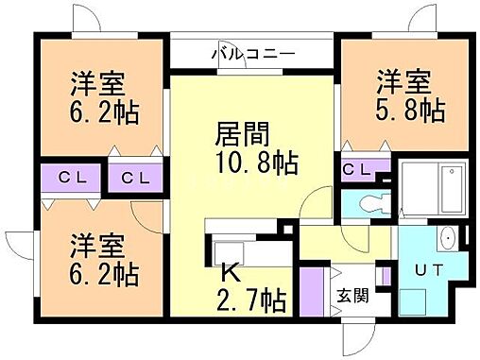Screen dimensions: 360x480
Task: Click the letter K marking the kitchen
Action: pos(228,273)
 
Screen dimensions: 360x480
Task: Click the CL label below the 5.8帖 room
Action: pos(357,169)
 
